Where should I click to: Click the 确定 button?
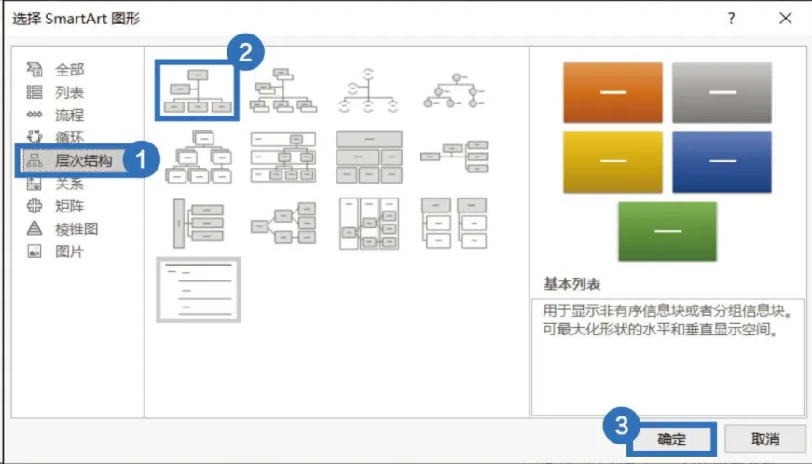[x=671, y=439]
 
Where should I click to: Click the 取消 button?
[x=764, y=439]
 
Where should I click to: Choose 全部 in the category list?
[x=69, y=69]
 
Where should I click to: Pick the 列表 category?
[x=69, y=92]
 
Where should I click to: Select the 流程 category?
[x=69, y=115]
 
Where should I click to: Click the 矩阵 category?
[x=69, y=206]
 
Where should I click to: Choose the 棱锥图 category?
[x=76, y=228]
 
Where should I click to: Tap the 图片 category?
[x=69, y=252]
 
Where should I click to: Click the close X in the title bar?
[x=786, y=18]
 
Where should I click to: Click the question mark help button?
[x=732, y=18]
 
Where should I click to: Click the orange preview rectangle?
[x=612, y=92]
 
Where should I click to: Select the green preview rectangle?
[x=667, y=231]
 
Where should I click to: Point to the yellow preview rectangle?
[x=612, y=161]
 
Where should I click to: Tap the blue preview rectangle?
[x=722, y=161]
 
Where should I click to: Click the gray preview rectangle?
[x=722, y=92]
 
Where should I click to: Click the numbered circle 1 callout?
[x=141, y=159]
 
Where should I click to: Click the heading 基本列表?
[x=570, y=283]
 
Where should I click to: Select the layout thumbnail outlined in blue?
[x=196, y=90]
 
